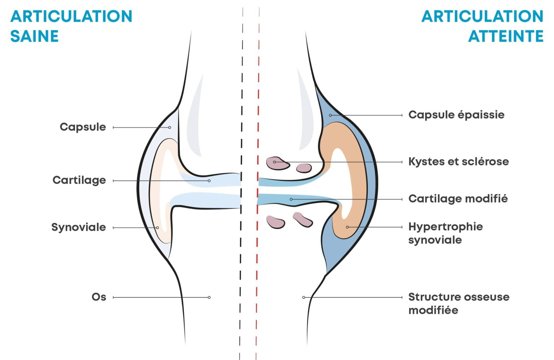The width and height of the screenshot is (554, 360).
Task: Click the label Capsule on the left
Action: pos(83,127)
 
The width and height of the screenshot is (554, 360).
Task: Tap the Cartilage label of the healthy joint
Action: pos(79,180)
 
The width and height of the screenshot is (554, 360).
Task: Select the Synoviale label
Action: pos(78,227)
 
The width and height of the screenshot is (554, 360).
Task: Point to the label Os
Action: pos(98,297)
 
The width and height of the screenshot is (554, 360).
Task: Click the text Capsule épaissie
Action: pos(456,115)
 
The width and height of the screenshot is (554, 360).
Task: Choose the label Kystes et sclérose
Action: pos(458,161)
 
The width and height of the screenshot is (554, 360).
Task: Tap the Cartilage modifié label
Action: pos(458,198)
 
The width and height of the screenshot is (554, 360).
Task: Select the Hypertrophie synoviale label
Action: pos(445,233)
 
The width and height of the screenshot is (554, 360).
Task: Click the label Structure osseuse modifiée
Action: pos(458,303)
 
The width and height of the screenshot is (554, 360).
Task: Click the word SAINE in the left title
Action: pos(34,36)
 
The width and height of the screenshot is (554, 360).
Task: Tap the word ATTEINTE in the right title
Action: pos(506,36)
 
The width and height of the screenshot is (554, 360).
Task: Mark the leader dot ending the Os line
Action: pos(209,297)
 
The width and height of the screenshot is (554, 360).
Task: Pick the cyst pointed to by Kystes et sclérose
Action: pos(277,163)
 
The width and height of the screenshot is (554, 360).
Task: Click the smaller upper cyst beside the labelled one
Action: pos(304,168)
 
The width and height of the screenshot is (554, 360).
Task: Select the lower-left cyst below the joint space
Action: pos(275,222)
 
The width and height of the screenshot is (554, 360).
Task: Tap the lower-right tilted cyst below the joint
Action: pos(302,219)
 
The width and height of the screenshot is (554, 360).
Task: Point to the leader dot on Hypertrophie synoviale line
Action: pos(347,227)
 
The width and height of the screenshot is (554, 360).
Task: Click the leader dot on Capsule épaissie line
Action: pos(330,115)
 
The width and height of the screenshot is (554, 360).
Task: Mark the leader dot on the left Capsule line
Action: pos(170,127)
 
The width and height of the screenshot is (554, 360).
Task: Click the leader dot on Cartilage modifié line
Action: pos(291,199)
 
